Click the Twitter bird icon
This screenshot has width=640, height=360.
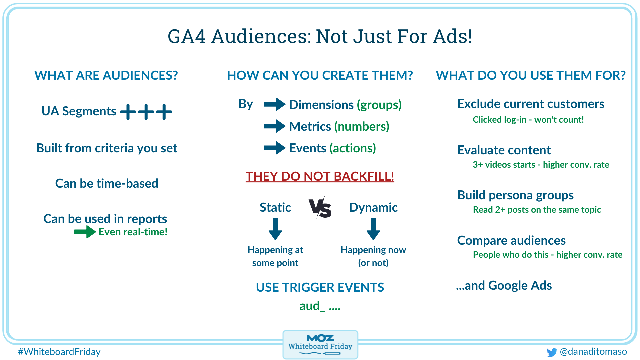pos(552,352)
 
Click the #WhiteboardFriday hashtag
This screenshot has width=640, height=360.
pos(59,352)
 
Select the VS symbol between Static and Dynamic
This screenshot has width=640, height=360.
pos(320,208)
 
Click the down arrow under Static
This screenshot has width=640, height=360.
pos(275,229)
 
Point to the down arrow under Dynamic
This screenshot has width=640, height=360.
pos(373,229)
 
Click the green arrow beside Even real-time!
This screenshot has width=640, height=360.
pos(85,232)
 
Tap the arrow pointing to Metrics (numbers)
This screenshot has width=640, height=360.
pos(274,126)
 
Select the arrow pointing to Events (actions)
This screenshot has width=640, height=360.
pos(274,148)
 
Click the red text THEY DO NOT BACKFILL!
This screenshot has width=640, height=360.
pos(320,176)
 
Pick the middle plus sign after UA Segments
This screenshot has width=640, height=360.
pos(146,112)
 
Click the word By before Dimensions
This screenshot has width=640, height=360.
pos(246,104)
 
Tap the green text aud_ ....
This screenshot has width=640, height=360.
pos(312,306)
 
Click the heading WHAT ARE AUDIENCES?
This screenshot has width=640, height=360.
pos(106,75)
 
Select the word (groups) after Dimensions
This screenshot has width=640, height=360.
pos(379,105)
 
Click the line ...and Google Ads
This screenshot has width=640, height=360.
pos(504,285)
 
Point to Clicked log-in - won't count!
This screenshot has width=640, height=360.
pos(528,120)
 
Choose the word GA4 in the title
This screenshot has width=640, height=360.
pos(187,36)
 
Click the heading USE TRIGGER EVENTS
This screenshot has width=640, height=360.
pos(320,287)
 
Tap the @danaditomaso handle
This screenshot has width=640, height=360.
pos(593,351)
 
